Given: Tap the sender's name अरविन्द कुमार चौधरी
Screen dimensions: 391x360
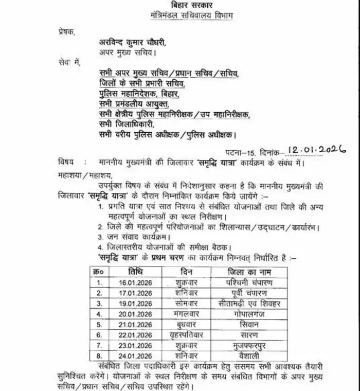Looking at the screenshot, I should point(139,43).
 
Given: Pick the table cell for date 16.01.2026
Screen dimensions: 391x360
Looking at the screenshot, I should point(136,282).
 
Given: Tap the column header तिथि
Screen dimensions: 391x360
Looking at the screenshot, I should point(136,271).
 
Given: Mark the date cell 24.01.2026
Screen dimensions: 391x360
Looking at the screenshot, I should point(136,356).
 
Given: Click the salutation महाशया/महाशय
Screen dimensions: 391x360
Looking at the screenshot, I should point(78,174).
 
